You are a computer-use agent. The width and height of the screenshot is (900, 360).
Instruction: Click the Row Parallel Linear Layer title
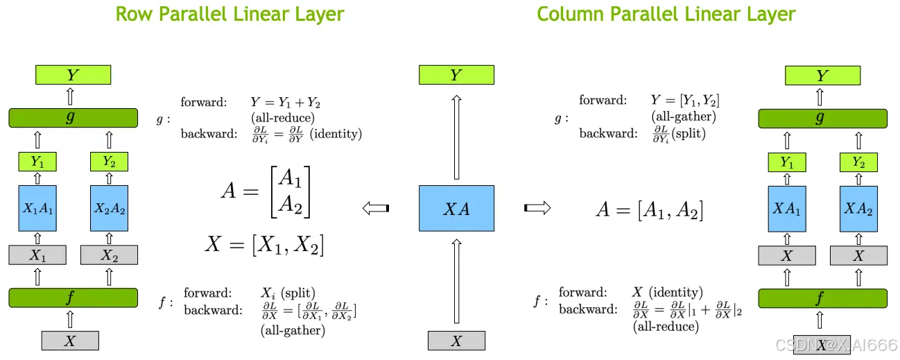(230, 14)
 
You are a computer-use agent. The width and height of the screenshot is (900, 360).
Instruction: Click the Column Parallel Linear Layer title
(666, 14)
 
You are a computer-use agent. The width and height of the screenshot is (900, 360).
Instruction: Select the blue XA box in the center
(456, 208)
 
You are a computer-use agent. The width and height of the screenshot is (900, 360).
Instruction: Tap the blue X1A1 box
(38, 208)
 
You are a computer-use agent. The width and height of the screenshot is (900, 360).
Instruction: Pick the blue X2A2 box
(109, 208)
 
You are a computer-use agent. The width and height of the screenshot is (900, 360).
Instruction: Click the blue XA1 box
(786, 208)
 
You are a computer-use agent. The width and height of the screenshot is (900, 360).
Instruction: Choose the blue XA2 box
(858, 208)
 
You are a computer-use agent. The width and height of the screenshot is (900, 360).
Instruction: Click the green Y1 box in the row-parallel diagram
(38, 162)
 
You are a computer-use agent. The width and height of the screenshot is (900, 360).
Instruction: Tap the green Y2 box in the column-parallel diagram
(858, 162)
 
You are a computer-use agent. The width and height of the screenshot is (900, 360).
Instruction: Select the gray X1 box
(38, 255)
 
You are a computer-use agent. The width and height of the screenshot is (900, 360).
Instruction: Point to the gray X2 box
(109, 255)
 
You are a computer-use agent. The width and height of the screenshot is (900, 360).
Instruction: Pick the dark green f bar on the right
(822, 298)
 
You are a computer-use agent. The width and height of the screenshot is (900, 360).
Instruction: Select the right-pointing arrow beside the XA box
(537, 207)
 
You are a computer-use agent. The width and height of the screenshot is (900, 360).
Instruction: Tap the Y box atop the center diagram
(456, 75)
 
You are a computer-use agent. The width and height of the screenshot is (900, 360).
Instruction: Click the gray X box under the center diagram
(456, 341)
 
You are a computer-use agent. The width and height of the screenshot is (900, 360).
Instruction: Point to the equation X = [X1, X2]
(264, 244)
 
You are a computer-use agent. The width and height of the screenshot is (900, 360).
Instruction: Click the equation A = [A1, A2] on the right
(650, 209)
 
